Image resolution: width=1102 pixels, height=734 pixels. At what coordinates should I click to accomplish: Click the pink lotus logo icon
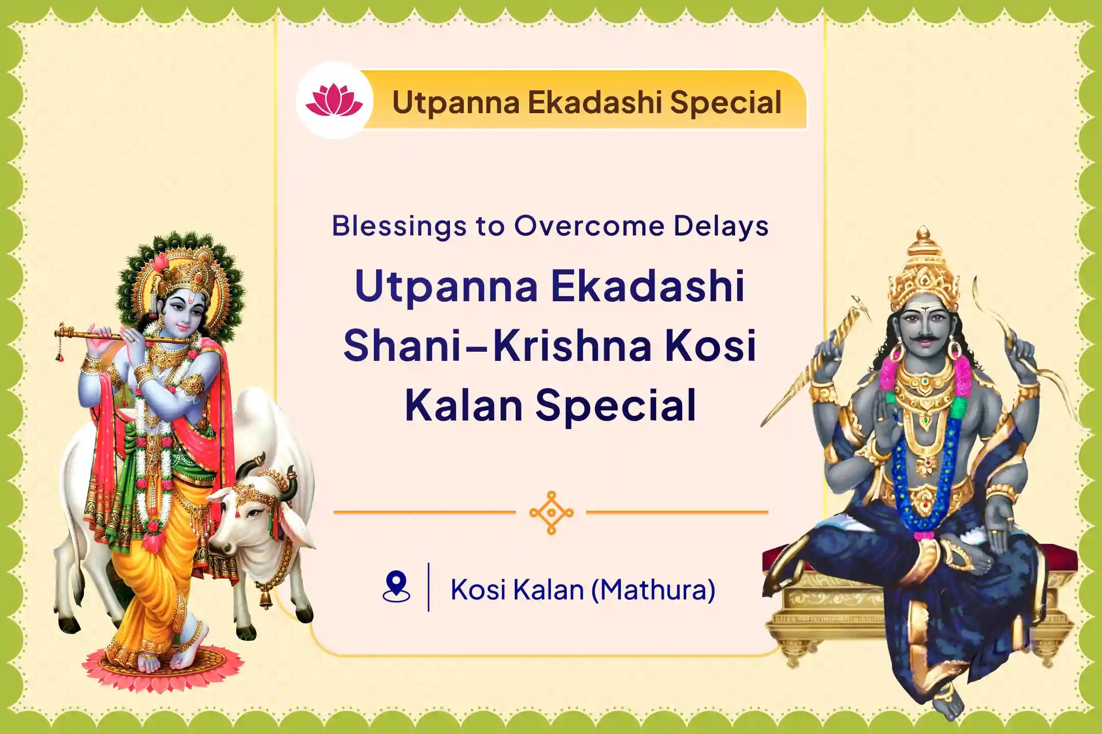pyautogui.click(x=334, y=100)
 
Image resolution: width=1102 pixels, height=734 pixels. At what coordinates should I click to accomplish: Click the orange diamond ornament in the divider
pyautogui.click(x=551, y=512)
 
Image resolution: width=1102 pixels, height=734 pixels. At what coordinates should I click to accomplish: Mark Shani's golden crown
pyautogui.click(x=923, y=270)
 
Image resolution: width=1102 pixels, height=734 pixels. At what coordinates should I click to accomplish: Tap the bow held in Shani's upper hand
pyautogui.click(x=1015, y=331)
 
